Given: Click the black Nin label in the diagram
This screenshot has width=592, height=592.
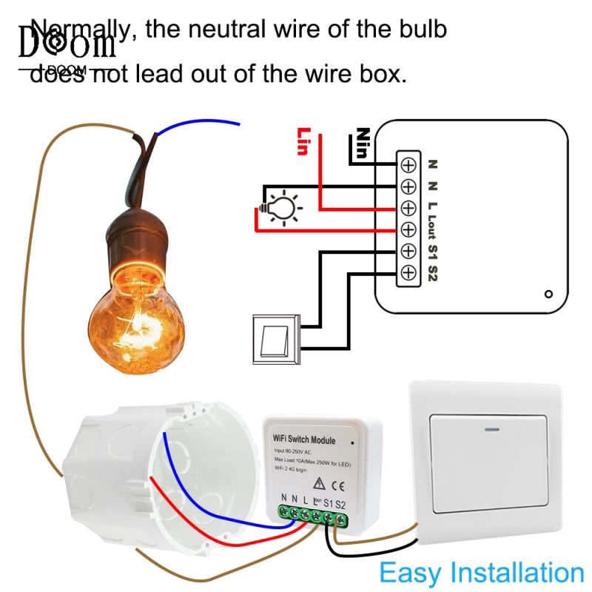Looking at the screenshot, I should (x=362, y=141).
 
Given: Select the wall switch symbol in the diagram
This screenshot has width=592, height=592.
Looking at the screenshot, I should (x=275, y=340).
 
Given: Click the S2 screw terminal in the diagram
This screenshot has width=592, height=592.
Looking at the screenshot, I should (x=408, y=273).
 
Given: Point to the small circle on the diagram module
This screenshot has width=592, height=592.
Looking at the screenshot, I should (x=548, y=294).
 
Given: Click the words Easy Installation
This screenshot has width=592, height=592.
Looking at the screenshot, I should (x=481, y=573).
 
